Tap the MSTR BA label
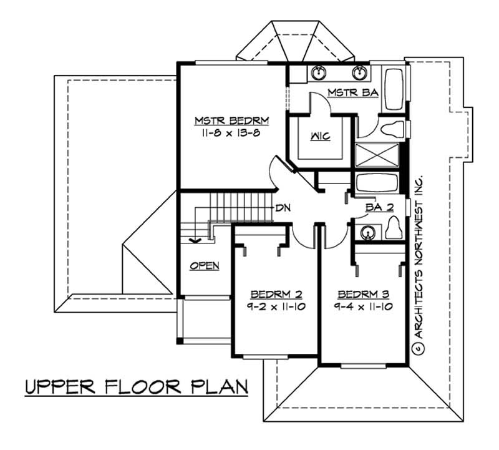tap(344, 94)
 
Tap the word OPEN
tap(204, 266)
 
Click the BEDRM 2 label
tap(276, 294)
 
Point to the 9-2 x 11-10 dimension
tap(276, 306)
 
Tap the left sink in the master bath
tap(317, 73)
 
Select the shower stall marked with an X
tap(376, 155)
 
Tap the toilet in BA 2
tap(393, 228)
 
